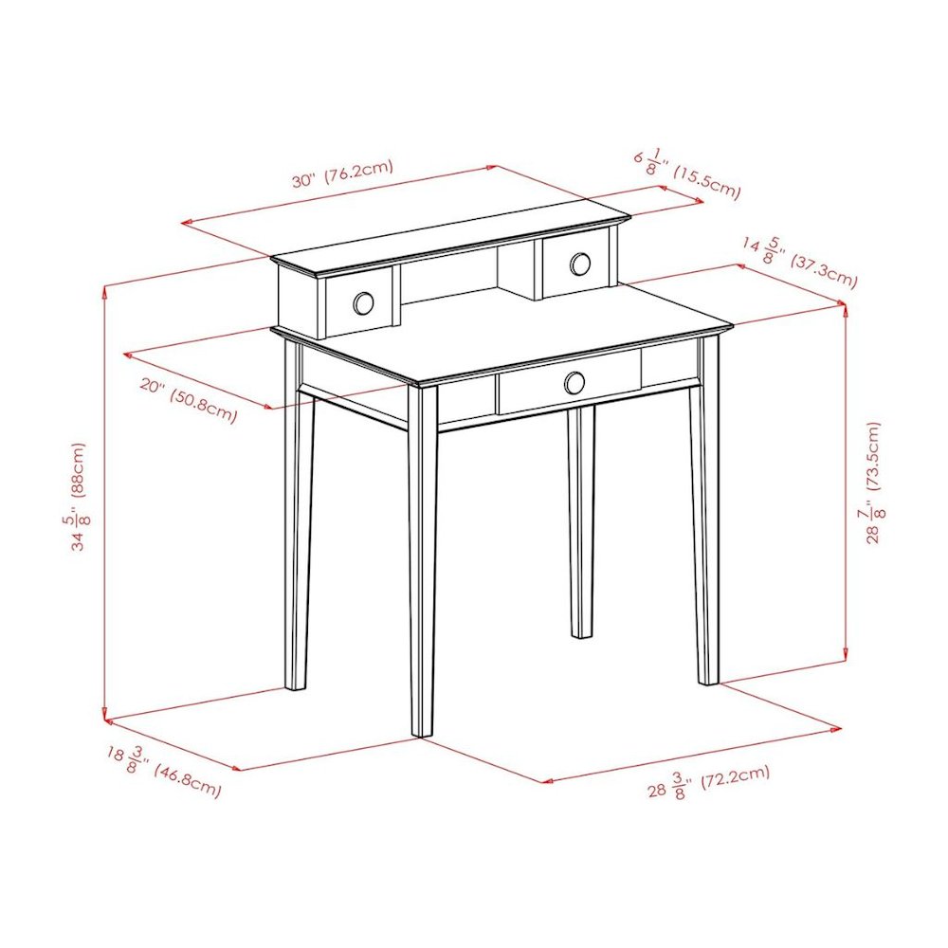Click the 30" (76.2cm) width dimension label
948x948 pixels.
click(x=343, y=173)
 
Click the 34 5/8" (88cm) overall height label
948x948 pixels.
click(x=80, y=497)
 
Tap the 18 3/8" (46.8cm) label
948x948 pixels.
click(x=164, y=771)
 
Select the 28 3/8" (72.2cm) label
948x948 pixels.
click(x=708, y=782)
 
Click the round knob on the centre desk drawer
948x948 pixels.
click(x=574, y=382)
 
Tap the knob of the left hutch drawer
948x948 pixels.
click(x=363, y=303)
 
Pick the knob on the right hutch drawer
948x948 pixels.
click(x=580, y=264)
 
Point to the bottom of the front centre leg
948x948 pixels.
click(x=423, y=732)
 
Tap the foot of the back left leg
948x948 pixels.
click(x=296, y=685)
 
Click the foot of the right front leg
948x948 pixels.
click(x=708, y=680)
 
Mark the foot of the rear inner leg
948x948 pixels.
click(x=582, y=633)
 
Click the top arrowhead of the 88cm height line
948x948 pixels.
click(x=105, y=291)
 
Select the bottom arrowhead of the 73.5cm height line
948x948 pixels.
click(x=845, y=655)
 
